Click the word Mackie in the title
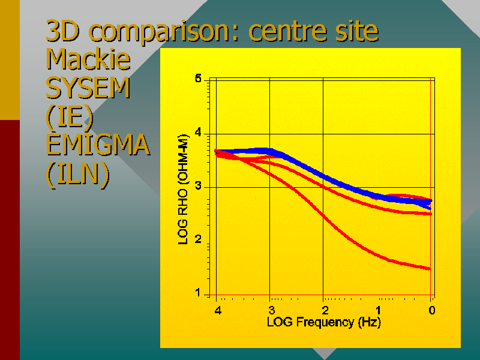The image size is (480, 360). click(x=88, y=60)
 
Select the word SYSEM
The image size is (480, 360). click(x=88, y=89)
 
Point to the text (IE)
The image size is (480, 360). click(x=70, y=118)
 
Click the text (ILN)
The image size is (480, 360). click(x=77, y=175)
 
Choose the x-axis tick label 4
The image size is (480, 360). click(x=218, y=310)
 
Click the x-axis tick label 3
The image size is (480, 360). click(x=271, y=310)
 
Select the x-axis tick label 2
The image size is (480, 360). click(x=325, y=310)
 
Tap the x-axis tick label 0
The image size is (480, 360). click(x=431, y=310)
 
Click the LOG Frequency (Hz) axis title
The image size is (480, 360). click(x=323, y=322)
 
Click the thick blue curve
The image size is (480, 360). click(x=324, y=178)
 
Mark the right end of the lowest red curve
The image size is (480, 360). click(x=429, y=268)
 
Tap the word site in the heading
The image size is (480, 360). click(x=357, y=31)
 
